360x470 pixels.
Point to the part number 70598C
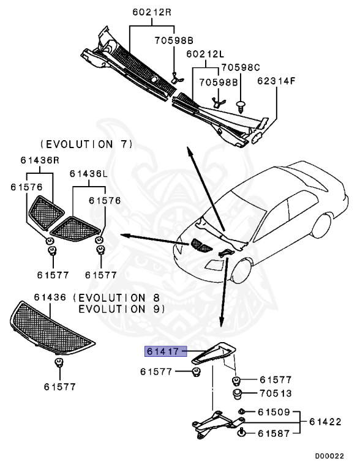(240, 67)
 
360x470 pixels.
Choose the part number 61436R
(39, 160)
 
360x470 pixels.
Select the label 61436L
(88, 174)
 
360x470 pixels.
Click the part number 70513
(275, 393)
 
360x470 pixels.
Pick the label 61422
(325, 422)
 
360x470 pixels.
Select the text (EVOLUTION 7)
(86, 144)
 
